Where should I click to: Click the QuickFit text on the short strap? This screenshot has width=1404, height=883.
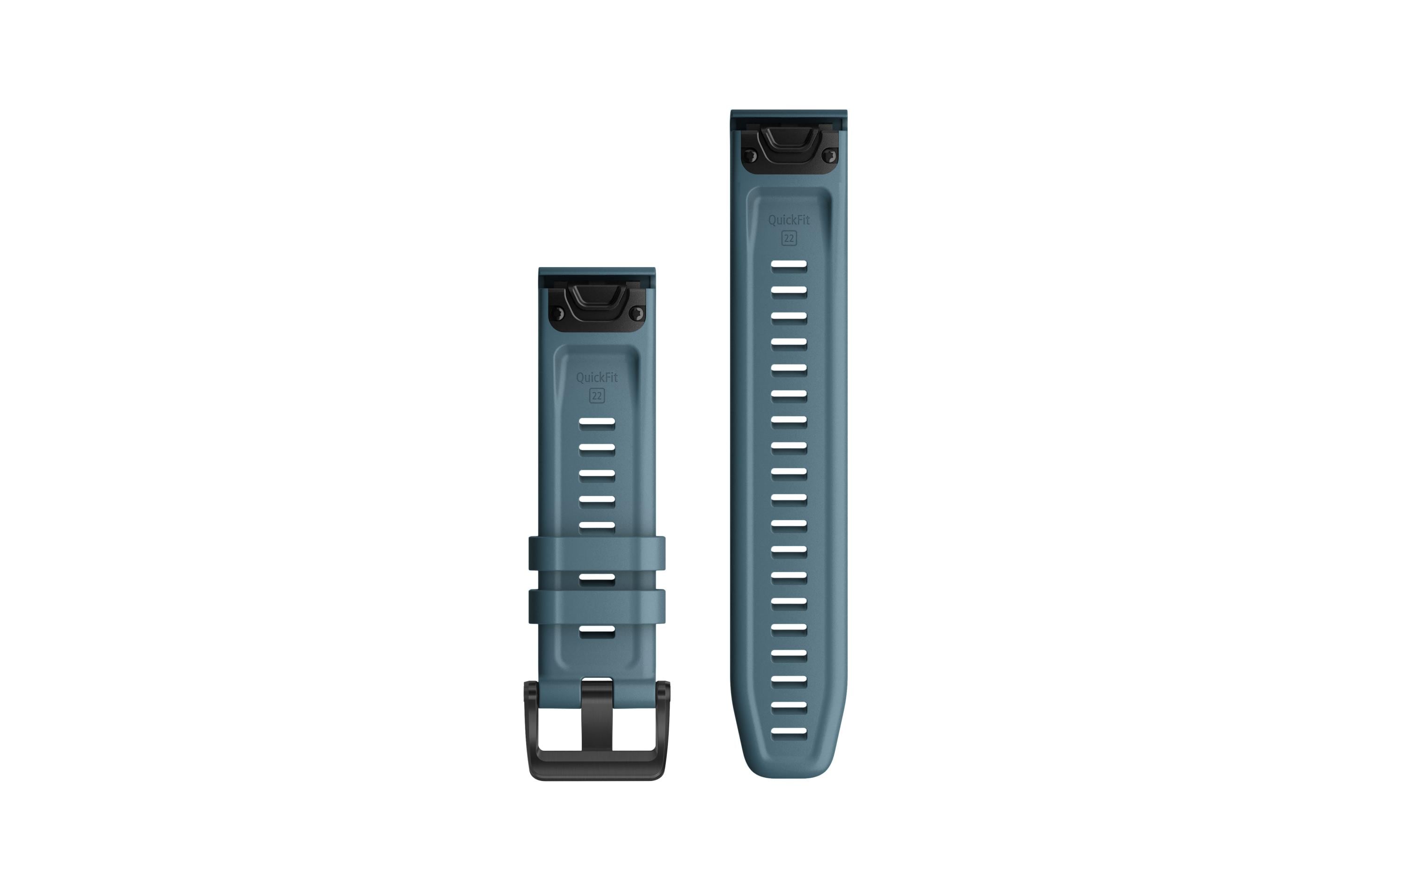tap(597, 378)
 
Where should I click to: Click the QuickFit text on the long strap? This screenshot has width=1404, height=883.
tap(789, 220)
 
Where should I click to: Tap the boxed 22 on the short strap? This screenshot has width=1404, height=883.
tap(597, 396)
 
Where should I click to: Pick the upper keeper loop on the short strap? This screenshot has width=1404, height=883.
tap(597, 553)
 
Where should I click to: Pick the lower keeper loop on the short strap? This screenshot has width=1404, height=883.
tap(597, 606)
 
